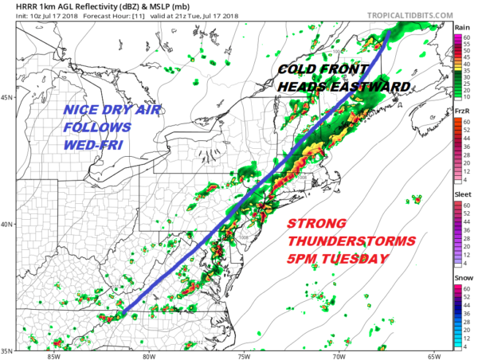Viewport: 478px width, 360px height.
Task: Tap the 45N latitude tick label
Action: point(6,98)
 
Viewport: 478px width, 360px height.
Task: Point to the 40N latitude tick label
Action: point(6,224)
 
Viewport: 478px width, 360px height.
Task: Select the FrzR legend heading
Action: point(461,109)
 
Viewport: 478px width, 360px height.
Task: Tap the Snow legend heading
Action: point(461,276)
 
